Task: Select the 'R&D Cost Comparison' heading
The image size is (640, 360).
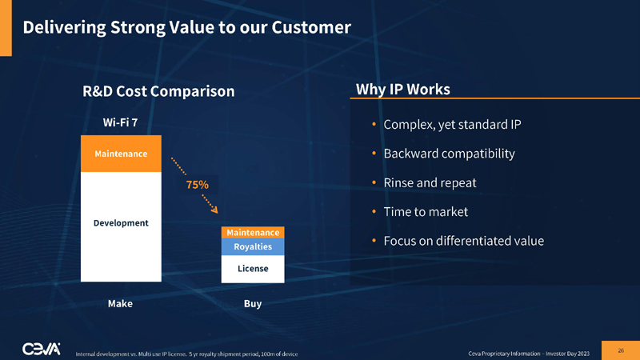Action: tap(158, 91)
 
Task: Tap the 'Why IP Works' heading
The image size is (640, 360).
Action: tap(402, 88)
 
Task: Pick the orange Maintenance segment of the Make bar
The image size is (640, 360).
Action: tap(121, 153)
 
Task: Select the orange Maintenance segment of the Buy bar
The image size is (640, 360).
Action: tap(253, 232)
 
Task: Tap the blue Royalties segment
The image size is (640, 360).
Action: tap(253, 246)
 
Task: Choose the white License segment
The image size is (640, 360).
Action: tap(253, 269)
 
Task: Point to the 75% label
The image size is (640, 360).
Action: tap(198, 184)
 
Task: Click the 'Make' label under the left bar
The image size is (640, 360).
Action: tap(120, 304)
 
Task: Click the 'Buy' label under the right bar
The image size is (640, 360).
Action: tap(253, 304)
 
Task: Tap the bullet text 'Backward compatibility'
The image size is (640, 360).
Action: tap(449, 154)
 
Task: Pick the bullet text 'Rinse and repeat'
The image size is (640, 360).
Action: tap(430, 182)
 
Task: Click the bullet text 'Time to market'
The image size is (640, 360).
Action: tap(426, 212)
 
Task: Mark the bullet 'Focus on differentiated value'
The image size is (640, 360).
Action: tap(463, 241)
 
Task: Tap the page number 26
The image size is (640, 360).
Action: tap(620, 350)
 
